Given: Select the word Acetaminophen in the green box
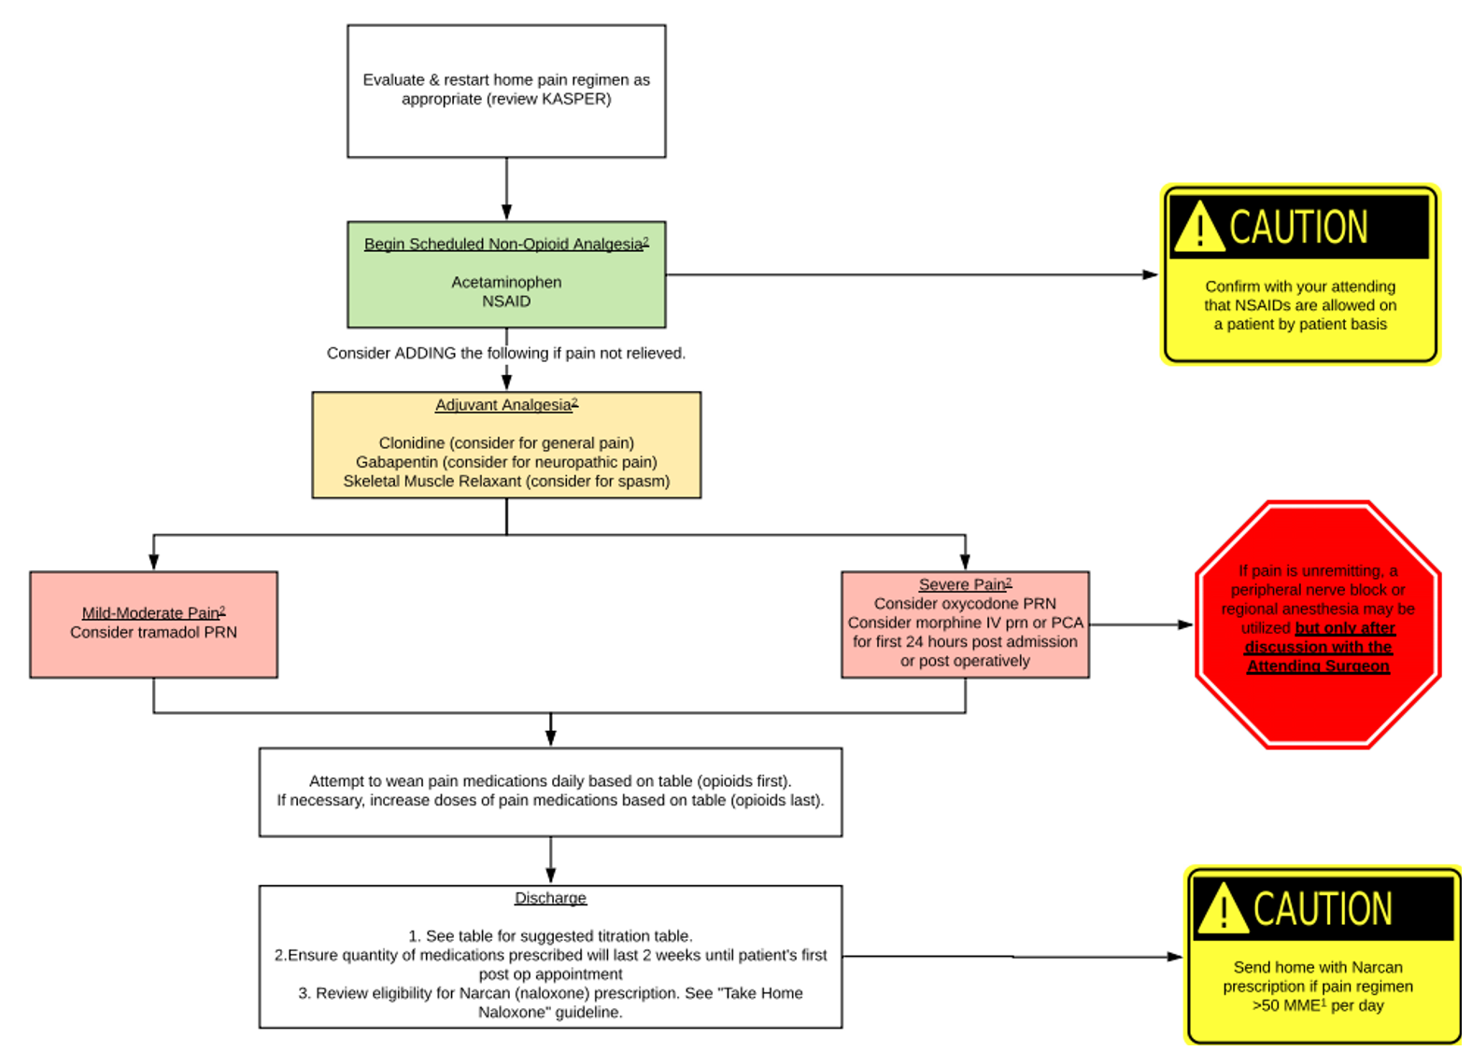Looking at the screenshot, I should click(506, 282).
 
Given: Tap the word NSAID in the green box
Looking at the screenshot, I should click(506, 301).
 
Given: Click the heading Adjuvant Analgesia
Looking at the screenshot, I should click(504, 405).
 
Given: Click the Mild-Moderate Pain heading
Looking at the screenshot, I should click(151, 613).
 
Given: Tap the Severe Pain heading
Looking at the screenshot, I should click(963, 585).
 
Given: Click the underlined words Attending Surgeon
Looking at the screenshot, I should click(1318, 666).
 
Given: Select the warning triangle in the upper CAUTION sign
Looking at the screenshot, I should click(1198, 229).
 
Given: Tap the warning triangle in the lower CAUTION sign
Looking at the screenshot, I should click(1223, 910).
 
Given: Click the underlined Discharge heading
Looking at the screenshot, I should click(550, 898).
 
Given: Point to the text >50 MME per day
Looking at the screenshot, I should click(1318, 1006).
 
